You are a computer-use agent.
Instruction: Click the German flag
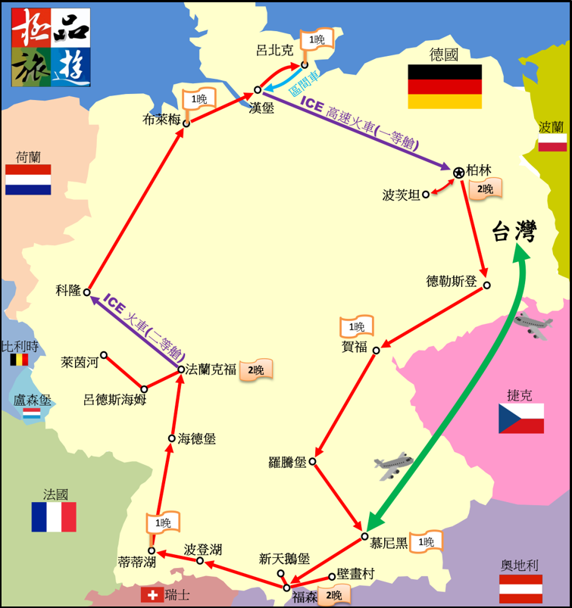click(x=445, y=86)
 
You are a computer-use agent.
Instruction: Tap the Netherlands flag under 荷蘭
click(x=28, y=179)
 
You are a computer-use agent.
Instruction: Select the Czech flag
click(x=520, y=418)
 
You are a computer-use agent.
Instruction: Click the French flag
click(x=53, y=516)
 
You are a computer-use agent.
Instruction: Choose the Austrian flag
click(x=520, y=588)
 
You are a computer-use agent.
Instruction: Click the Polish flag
click(x=552, y=142)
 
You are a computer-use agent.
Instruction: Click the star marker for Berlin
click(x=458, y=173)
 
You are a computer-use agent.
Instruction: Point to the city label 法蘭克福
click(x=211, y=370)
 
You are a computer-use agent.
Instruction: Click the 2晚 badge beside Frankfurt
click(x=255, y=369)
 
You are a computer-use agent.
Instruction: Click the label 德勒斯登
click(x=452, y=282)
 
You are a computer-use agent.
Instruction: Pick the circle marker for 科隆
click(x=87, y=292)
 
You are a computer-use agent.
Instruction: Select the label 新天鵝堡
click(x=284, y=559)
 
